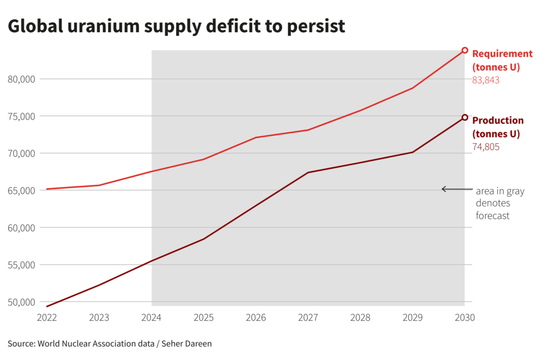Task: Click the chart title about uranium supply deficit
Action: tap(177, 26)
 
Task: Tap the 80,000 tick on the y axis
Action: tap(22, 79)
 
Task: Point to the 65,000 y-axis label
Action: tap(22, 190)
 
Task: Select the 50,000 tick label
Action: tap(22, 302)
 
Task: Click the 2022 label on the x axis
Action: tap(47, 317)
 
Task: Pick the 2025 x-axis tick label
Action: tap(204, 317)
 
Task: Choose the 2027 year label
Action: tap(308, 317)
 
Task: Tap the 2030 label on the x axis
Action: tap(465, 317)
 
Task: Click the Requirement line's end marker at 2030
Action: tap(465, 50)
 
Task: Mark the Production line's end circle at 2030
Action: tap(465, 118)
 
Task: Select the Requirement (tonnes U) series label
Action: tap(502, 60)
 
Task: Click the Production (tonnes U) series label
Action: tap(498, 127)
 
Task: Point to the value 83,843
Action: tap(485, 80)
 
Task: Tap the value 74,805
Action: tap(485, 147)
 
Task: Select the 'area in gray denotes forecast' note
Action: tap(500, 203)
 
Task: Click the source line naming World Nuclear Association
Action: tap(110, 343)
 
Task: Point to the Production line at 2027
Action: tap(308, 172)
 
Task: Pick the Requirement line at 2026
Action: tap(256, 137)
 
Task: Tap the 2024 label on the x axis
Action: tap(151, 317)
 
